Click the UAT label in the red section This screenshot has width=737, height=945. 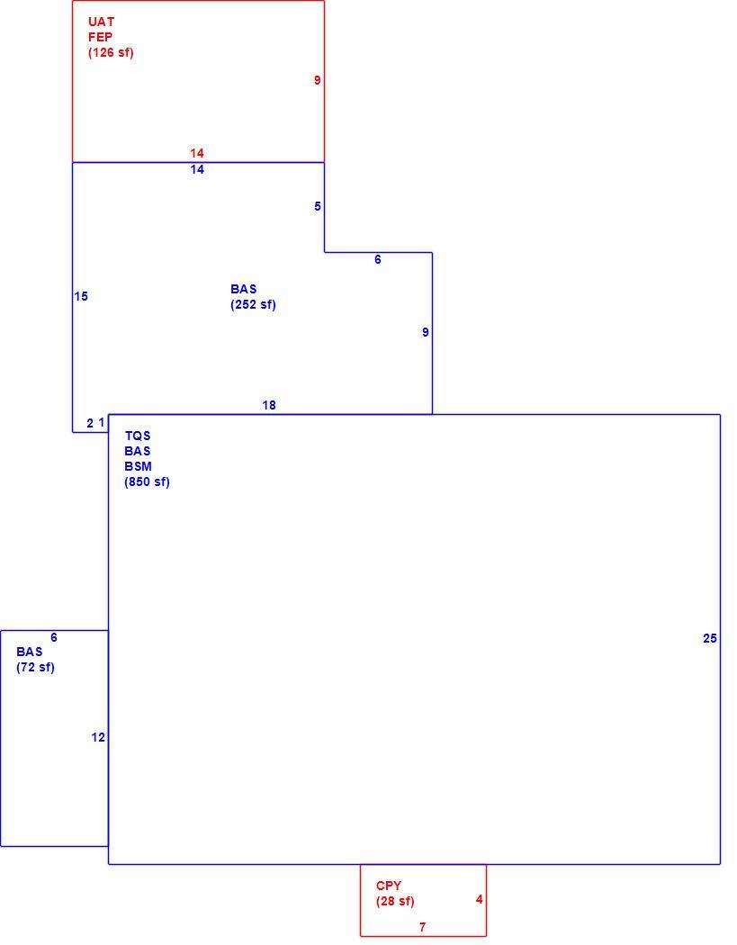tap(102, 22)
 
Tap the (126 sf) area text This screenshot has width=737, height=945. tap(111, 52)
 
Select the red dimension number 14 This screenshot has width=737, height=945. tap(197, 153)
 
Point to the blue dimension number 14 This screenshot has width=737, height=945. tap(197, 169)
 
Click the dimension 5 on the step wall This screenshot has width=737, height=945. tap(318, 206)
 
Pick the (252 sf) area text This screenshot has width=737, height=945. tap(253, 304)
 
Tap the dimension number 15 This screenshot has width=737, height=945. tap(81, 296)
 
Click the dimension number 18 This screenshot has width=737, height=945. tap(269, 405)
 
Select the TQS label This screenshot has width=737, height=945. tap(138, 436)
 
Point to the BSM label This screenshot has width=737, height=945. tap(138, 466)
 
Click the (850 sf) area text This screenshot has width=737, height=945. tap(147, 482)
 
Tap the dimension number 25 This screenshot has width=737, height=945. tap(710, 638)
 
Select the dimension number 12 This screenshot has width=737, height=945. tap(98, 737)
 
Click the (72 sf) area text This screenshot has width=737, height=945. tap(36, 667)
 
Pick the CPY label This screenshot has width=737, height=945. tap(389, 886)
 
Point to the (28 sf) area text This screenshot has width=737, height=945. tap(395, 902)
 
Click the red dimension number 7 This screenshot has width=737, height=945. tap(422, 927)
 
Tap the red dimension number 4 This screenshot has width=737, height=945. tap(479, 899)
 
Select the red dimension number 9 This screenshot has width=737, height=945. tap(318, 80)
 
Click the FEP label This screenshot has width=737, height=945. tap(100, 37)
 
